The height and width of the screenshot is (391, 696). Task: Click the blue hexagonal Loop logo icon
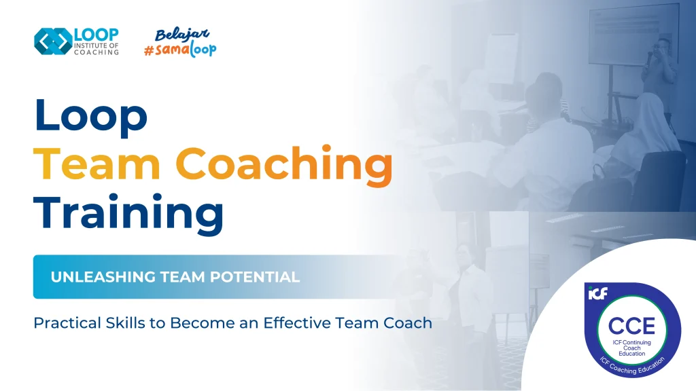click(52, 41)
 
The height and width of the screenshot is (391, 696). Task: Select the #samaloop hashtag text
click(180, 49)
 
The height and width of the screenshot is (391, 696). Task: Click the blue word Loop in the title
click(90, 116)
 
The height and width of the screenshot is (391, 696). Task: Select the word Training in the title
click(129, 212)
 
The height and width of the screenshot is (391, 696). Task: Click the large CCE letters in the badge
click(631, 325)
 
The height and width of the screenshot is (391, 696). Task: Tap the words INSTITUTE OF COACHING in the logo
click(97, 49)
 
